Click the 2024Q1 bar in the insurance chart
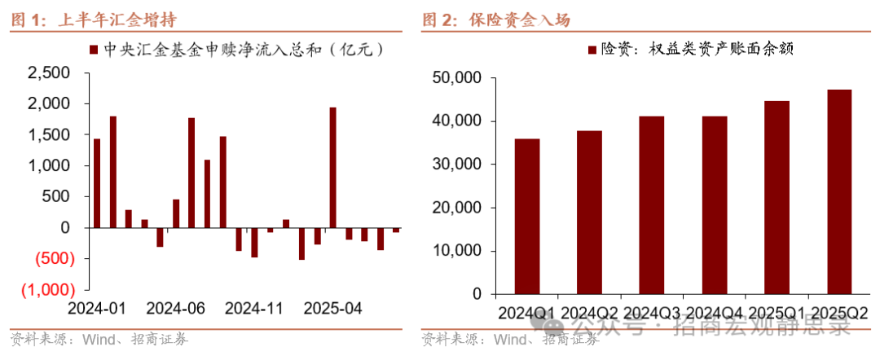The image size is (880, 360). (527, 217)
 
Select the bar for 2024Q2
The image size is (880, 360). (589, 213)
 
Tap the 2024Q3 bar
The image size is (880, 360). (651, 205)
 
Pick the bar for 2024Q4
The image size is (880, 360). (714, 205)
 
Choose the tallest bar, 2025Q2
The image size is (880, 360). (838, 192)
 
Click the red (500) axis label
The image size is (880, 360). (50, 259)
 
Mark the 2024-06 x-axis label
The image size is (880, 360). (175, 310)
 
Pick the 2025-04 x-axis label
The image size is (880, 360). (332, 310)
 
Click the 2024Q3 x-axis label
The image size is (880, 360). (651, 313)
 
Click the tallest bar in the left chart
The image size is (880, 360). (332, 168)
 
